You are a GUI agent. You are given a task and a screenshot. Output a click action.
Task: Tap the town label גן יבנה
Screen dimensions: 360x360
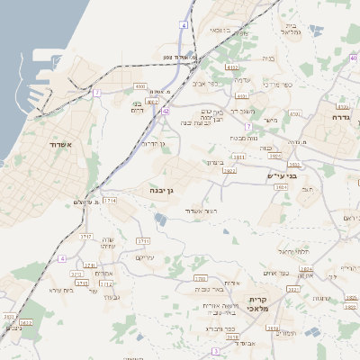pos(168,191)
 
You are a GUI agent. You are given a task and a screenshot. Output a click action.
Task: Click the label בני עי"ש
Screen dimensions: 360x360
pos(282,175)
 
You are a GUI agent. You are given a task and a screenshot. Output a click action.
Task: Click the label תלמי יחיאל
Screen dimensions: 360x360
pos(294,251)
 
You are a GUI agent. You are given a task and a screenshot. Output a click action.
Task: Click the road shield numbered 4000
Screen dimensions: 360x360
pos(139,85)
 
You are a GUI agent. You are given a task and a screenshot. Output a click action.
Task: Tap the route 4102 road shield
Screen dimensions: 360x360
pos(233,67)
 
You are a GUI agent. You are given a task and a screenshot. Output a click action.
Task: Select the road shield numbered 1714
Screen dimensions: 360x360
pos(110,201)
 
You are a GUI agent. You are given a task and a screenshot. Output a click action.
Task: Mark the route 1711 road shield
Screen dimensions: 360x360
pos(143,241)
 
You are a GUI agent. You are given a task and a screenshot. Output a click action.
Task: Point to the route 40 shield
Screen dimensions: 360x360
pos(353,58)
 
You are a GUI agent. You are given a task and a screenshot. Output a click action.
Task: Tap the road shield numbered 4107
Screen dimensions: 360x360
pos(295,113)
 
